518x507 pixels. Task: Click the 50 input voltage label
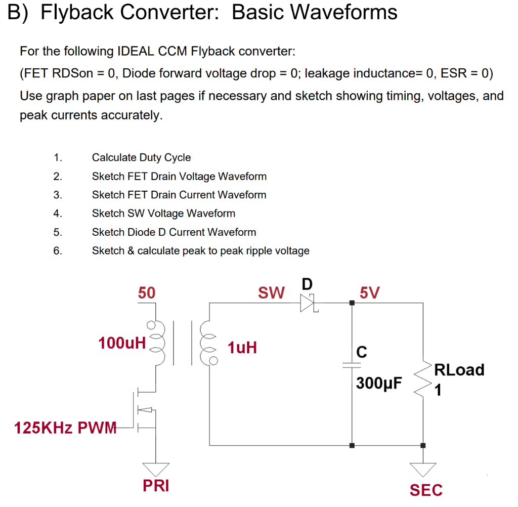pyautogui.click(x=147, y=293)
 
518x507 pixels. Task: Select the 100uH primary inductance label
pyautogui.click(x=122, y=343)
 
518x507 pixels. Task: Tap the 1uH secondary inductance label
pyautogui.click(x=242, y=348)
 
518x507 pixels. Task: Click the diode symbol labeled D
pyautogui.click(x=308, y=303)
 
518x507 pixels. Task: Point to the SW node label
pyautogui.click(x=271, y=293)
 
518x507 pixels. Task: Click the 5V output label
pyautogui.click(x=369, y=293)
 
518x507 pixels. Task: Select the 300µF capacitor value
pyautogui.click(x=379, y=383)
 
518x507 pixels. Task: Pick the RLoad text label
pyautogui.click(x=459, y=370)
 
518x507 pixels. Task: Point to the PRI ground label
pyautogui.click(x=156, y=486)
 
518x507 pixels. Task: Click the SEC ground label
pyautogui.click(x=426, y=490)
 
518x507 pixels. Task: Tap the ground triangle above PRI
pyautogui.click(x=155, y=468)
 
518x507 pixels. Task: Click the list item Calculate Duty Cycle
pyautogui.click(x=141, y=157)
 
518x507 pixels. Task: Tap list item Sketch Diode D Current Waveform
pyautogui.click(x=174, y=232)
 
